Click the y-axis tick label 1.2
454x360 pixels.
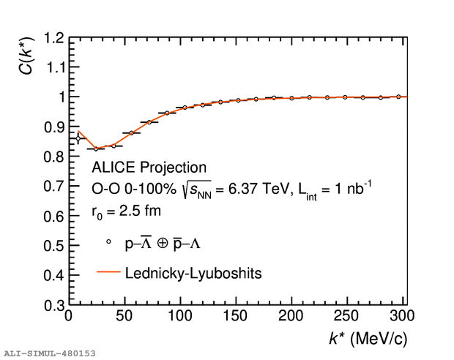[x=51, y=37]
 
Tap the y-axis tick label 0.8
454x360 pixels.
[x=51, y=157]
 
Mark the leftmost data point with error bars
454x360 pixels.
[x=78, y=138]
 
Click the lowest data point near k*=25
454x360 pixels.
[x=96, y=149]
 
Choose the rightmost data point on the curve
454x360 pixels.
[x=398, y=97]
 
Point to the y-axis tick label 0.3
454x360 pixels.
[x=51, y=305]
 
